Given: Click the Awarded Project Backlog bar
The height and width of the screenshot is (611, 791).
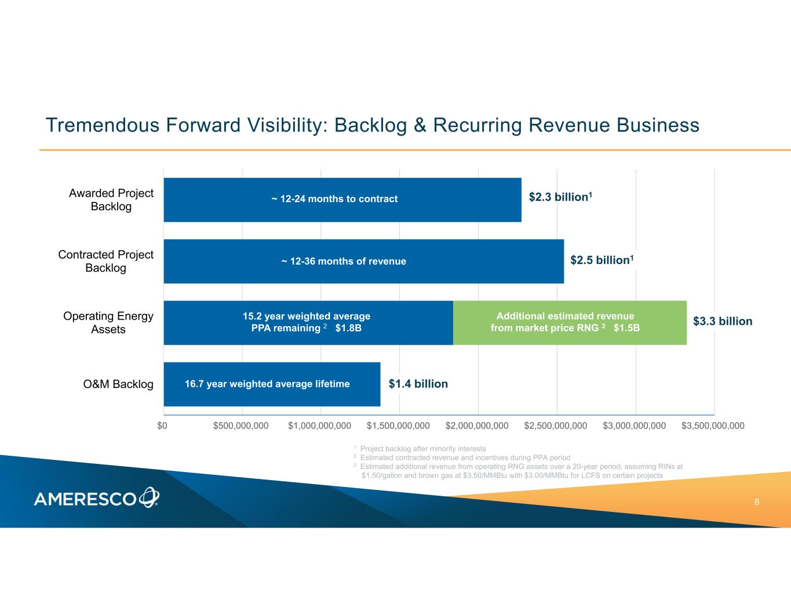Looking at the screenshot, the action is tap(342, 200).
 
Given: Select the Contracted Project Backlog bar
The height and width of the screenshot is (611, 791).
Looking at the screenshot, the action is tap(364, 261).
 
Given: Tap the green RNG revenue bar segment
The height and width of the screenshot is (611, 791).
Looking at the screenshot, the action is tap(570, 323).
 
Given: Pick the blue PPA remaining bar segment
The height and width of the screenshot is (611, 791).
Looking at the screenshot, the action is tap(308, 323).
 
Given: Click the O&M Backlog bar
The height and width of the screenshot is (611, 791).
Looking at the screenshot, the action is tap(272, 384).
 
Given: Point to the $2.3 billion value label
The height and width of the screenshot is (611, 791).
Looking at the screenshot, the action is tap(560, 197).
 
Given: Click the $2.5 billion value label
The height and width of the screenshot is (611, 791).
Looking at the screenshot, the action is tap(602, 259).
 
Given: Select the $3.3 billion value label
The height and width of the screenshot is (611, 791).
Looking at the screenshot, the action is tap(723, 321).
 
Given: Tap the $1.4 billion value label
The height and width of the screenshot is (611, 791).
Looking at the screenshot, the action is tap(418, 384).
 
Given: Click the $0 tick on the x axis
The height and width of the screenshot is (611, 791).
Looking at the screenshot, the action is tap(162, 426).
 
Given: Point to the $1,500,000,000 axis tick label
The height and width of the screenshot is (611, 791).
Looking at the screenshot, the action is tap(398, 426).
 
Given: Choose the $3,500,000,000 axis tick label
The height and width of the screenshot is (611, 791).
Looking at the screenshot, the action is tap(713, 426).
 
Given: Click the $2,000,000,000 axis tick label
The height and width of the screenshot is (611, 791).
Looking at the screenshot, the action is tap(477, 426).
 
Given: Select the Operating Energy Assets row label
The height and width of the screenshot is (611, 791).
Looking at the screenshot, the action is tap(108, 323).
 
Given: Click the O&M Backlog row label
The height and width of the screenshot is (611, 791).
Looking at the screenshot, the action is tap(118, 384).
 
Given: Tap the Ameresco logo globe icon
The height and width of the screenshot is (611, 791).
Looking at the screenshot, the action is tap(149, 497).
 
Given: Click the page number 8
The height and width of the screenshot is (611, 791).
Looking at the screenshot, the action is tap(756, 502).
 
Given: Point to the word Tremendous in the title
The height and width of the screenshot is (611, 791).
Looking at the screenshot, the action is tap(103, 125).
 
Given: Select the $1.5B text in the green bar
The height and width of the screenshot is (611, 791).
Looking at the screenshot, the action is tap(626, 328).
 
